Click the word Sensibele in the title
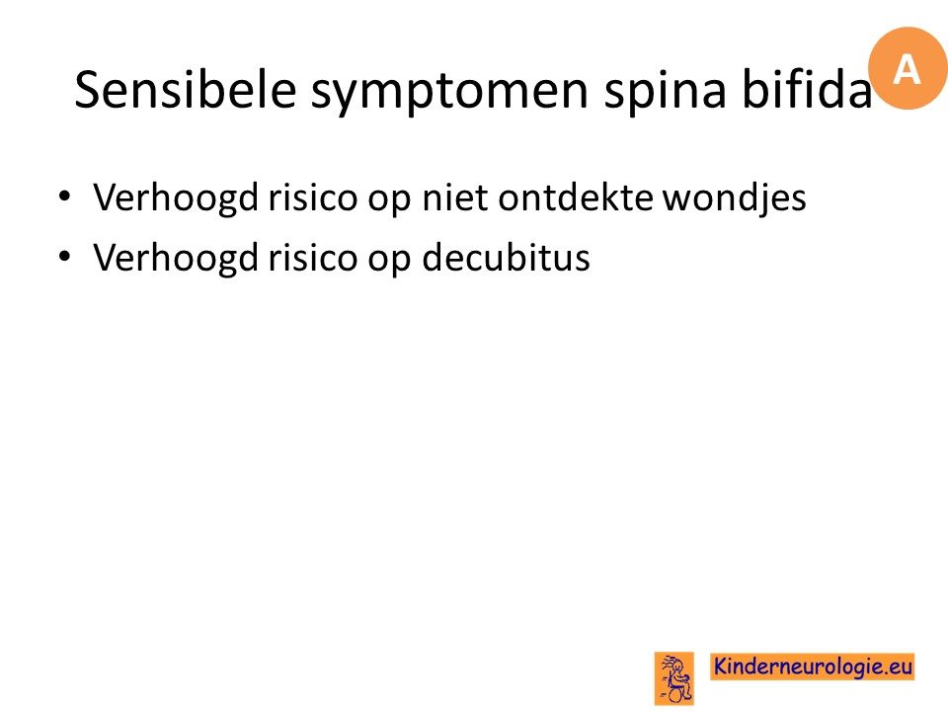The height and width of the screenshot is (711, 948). point(186,89)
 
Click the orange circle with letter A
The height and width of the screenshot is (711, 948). point(908,68)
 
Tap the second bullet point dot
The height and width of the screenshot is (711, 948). point(64,256)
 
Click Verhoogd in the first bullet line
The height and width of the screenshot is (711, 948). point(176,197)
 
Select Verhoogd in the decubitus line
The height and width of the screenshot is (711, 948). point(176,258)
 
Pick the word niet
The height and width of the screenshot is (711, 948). point(454,197)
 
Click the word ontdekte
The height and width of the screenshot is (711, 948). point(576,197)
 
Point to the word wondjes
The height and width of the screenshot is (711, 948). point(735,198)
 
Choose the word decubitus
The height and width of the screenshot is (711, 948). point(506,257)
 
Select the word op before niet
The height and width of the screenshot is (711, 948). point(389,200)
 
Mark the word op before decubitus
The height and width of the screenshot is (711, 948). point(389,261)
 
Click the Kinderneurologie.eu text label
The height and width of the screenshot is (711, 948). point(812,667)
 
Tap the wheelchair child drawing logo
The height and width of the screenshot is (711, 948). point(674,678)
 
